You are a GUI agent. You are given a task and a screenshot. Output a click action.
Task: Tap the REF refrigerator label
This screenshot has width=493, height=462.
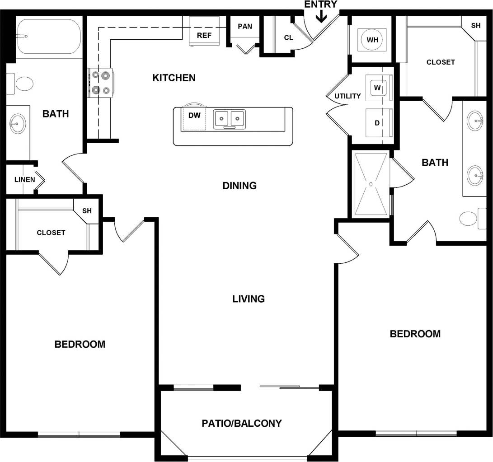[204, 35]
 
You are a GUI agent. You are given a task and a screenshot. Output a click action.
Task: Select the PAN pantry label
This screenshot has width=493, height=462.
[245, 27]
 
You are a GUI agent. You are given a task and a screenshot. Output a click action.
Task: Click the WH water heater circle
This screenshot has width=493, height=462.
[372, 40]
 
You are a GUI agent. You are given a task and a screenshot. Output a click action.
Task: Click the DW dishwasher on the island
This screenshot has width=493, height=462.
[194, 116]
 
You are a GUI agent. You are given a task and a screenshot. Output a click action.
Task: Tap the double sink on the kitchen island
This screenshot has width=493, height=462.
[230, 119]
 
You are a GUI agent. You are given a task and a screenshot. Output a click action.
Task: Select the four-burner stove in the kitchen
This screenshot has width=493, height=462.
[100, 83]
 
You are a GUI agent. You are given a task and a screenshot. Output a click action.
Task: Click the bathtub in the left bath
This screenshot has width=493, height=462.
[49, 36]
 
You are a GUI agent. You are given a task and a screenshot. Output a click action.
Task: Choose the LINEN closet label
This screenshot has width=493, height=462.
[25, 179]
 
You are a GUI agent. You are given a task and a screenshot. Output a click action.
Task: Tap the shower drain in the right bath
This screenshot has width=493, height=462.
[371, 184]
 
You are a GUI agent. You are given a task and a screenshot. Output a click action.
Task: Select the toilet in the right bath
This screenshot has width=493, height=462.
[469, 219]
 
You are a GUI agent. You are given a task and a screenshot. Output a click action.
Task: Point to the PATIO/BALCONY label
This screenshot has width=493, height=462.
[242, 423]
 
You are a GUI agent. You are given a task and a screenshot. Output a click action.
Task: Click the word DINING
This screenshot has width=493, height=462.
[239, 186]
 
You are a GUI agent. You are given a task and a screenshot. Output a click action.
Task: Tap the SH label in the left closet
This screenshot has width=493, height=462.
[87, 211]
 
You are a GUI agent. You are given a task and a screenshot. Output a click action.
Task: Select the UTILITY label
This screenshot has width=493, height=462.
[347, 96]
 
